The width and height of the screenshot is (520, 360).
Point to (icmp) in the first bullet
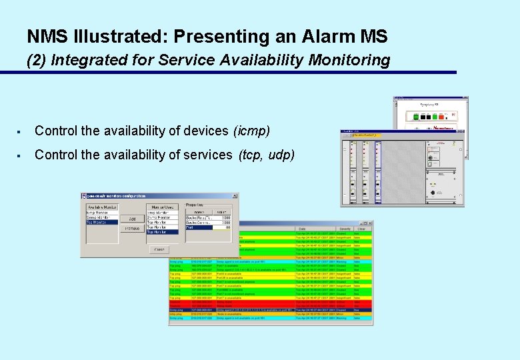pyautogui.click(x=251, y=131)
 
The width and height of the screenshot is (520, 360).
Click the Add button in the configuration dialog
pyautogui.click(x=132, y=219)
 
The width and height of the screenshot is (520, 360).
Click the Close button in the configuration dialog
pyautogui.click(x=159, y=249)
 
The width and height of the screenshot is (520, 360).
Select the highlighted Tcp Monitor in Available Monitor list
pyautogui.click(x=101, y=223)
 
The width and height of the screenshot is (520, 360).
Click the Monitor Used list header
pyautogui.click(x=163, y=207)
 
